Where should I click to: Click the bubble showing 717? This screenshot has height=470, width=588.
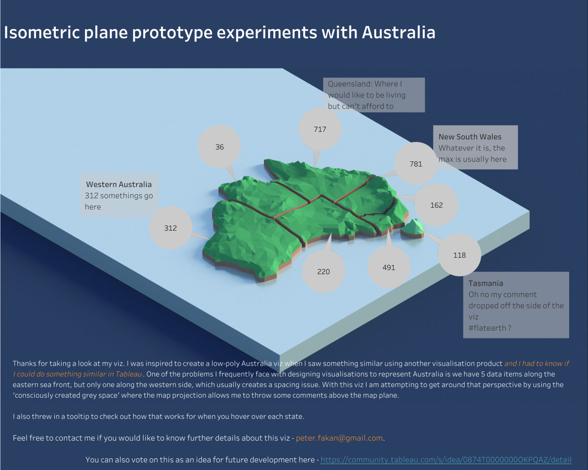tap(320, 129)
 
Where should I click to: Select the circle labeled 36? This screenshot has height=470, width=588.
tap(220, 147)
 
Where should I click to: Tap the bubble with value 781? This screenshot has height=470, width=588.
tap(416, 164)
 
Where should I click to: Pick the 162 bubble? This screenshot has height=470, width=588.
tap(436, 205)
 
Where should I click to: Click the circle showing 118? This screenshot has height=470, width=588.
tap(460, 255)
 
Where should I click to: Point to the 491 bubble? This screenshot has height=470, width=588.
tap(389, 267)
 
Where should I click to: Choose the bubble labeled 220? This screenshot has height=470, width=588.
tap(323, 271)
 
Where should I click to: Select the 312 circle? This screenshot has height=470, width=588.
tap(170, 228)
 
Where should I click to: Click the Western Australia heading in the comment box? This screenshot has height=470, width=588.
tap(119, 184)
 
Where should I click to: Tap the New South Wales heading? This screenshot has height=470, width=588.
tap(470, 137)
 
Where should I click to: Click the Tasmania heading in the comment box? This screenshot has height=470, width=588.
tap(486, 283)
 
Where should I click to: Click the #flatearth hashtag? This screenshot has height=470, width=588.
tap(487, 328)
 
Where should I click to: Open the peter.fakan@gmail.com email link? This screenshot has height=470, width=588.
tap(339, 438)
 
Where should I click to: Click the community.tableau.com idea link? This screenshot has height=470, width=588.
tap(446, 460)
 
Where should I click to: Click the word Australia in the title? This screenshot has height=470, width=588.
tap(398, 32)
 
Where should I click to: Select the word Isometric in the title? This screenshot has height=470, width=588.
tap(42, 32)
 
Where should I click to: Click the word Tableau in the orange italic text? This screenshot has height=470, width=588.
tap(129, 374)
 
